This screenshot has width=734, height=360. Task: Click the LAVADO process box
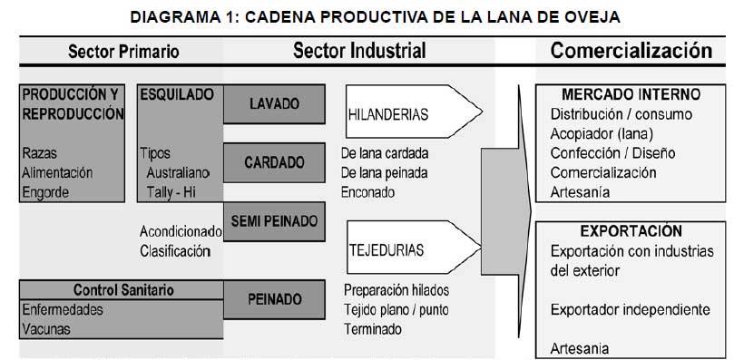pos(273,104)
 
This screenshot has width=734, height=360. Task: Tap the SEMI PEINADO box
pos(273,220)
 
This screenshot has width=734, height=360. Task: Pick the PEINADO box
pos(273,297)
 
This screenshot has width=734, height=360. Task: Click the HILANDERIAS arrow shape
pos(413,114)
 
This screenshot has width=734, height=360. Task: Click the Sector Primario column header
pos(124,51)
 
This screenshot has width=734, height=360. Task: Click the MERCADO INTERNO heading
pos(631,93)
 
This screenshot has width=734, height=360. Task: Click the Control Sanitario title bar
pos(123,290)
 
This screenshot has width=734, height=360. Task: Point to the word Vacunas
pos(47,329)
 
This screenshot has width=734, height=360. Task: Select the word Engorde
pos(47,191)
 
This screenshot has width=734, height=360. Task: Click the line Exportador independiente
pos(631,309)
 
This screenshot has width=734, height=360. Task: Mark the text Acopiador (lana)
pos(599,133)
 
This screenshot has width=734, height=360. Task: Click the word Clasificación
pos(175,251)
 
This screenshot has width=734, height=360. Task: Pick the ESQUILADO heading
pos(177,93)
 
